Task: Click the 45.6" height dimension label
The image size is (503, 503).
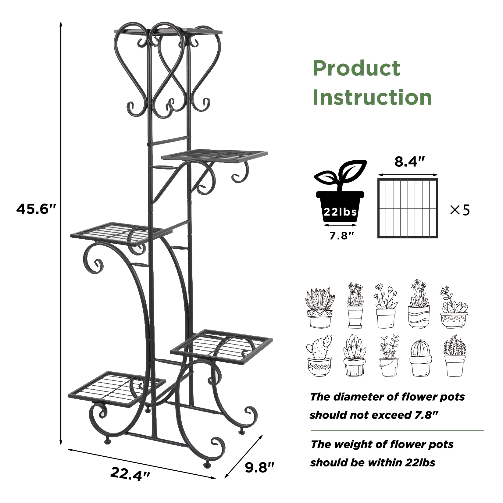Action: coord(37,209)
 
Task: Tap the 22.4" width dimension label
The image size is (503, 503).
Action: coord(130,474)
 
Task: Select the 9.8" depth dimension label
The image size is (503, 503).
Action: coord(260,467)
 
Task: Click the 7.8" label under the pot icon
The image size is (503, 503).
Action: coord(341,236)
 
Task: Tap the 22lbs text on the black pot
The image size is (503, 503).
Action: coord(340,212)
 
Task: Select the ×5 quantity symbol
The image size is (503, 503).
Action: coord(460,210)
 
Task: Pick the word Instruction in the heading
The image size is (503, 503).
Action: coord(372,97)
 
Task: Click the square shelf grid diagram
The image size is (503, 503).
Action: coord(408,209)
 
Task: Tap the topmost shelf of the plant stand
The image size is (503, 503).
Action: coord(168,31)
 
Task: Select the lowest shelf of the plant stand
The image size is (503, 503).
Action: coord(117,389)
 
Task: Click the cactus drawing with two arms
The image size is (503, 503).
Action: coord(319,356)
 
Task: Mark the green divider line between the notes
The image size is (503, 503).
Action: coord(397,430)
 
